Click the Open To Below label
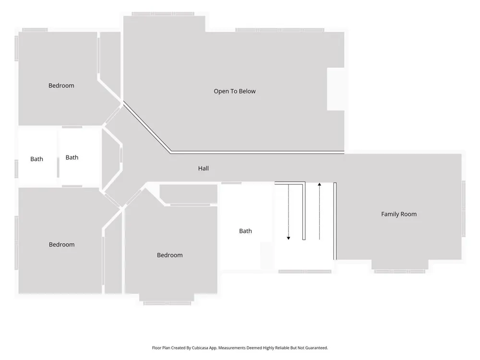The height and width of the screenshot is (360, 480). (x=235, y=91)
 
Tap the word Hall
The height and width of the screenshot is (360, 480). (x=203, y=168)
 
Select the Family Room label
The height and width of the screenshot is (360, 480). (x=399, y=214)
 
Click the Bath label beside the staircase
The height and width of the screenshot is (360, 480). (x=245, y=231)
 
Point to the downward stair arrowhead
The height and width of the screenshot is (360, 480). (x=288, y=238)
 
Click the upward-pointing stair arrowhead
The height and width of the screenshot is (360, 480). (x=319, y=184)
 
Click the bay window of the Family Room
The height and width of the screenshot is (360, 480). (x=400, y=272)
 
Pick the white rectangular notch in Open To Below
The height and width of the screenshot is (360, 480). (x=336, y=89)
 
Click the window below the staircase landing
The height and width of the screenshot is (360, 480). (x=305, y=272)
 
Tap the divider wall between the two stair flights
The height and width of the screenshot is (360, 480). (x=304, y=211)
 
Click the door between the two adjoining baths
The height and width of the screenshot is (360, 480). (x=58, y=167)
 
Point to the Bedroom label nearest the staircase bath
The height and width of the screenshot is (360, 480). (x=170, y=255)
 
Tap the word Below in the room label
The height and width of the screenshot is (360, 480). (x=247, y=91)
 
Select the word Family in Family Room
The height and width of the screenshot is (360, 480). (x=389, y=214)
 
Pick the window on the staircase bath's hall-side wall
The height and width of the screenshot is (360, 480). (x=231, y=183)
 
